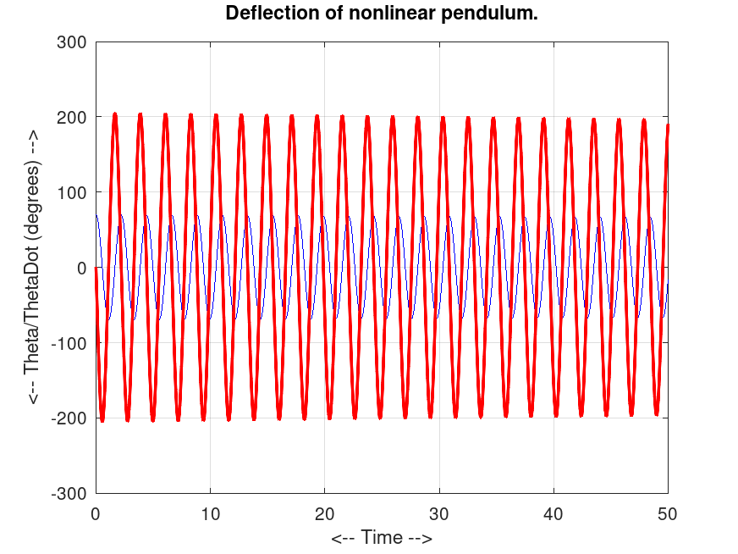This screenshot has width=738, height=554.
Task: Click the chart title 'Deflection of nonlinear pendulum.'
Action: tap(382, 14)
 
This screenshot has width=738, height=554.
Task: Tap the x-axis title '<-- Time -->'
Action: tap(382, 538)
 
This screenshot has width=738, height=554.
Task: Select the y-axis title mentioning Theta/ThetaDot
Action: tap(33, 267)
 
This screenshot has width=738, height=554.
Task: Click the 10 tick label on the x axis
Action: tap(210, 512)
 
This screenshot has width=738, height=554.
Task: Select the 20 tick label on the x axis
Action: tap(325, 512)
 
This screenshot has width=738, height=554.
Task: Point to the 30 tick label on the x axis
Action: tap(439, 512)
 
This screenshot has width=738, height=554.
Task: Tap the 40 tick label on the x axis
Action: tap(553, 512)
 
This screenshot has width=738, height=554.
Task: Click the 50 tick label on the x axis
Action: tap(668, 512)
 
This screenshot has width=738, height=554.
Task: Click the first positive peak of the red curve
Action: tap(115, 114)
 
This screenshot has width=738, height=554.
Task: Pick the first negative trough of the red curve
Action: tap(102, 420)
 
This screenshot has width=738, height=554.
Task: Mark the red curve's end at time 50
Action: tap(668, 125)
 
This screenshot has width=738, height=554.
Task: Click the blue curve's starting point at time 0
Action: tap(96, 215)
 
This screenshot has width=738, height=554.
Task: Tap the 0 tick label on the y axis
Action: tap(80, 268)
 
